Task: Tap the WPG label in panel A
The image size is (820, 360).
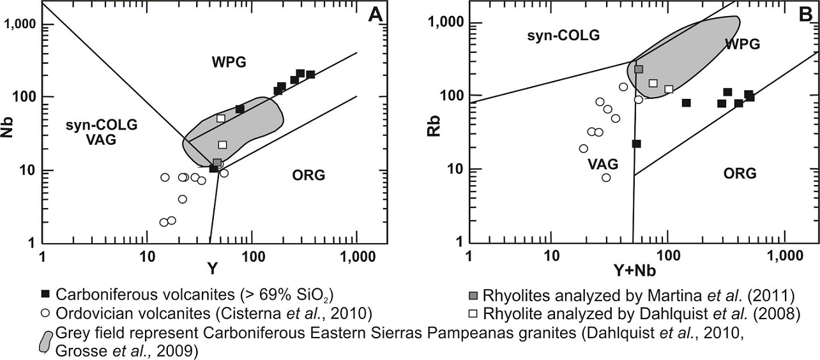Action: point(229,62)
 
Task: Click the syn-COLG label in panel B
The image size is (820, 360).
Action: point(563,35)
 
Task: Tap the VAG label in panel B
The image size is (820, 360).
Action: point(601,164)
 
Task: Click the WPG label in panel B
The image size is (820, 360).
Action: point(742,44)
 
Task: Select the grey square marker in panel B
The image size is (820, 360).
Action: point(639,69)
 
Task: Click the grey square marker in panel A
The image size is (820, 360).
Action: point(217,163)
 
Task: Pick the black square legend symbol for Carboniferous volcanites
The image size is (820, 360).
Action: point(45,295)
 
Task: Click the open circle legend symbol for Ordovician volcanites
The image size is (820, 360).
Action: point(45,313)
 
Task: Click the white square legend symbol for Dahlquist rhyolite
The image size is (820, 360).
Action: point(475,313)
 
